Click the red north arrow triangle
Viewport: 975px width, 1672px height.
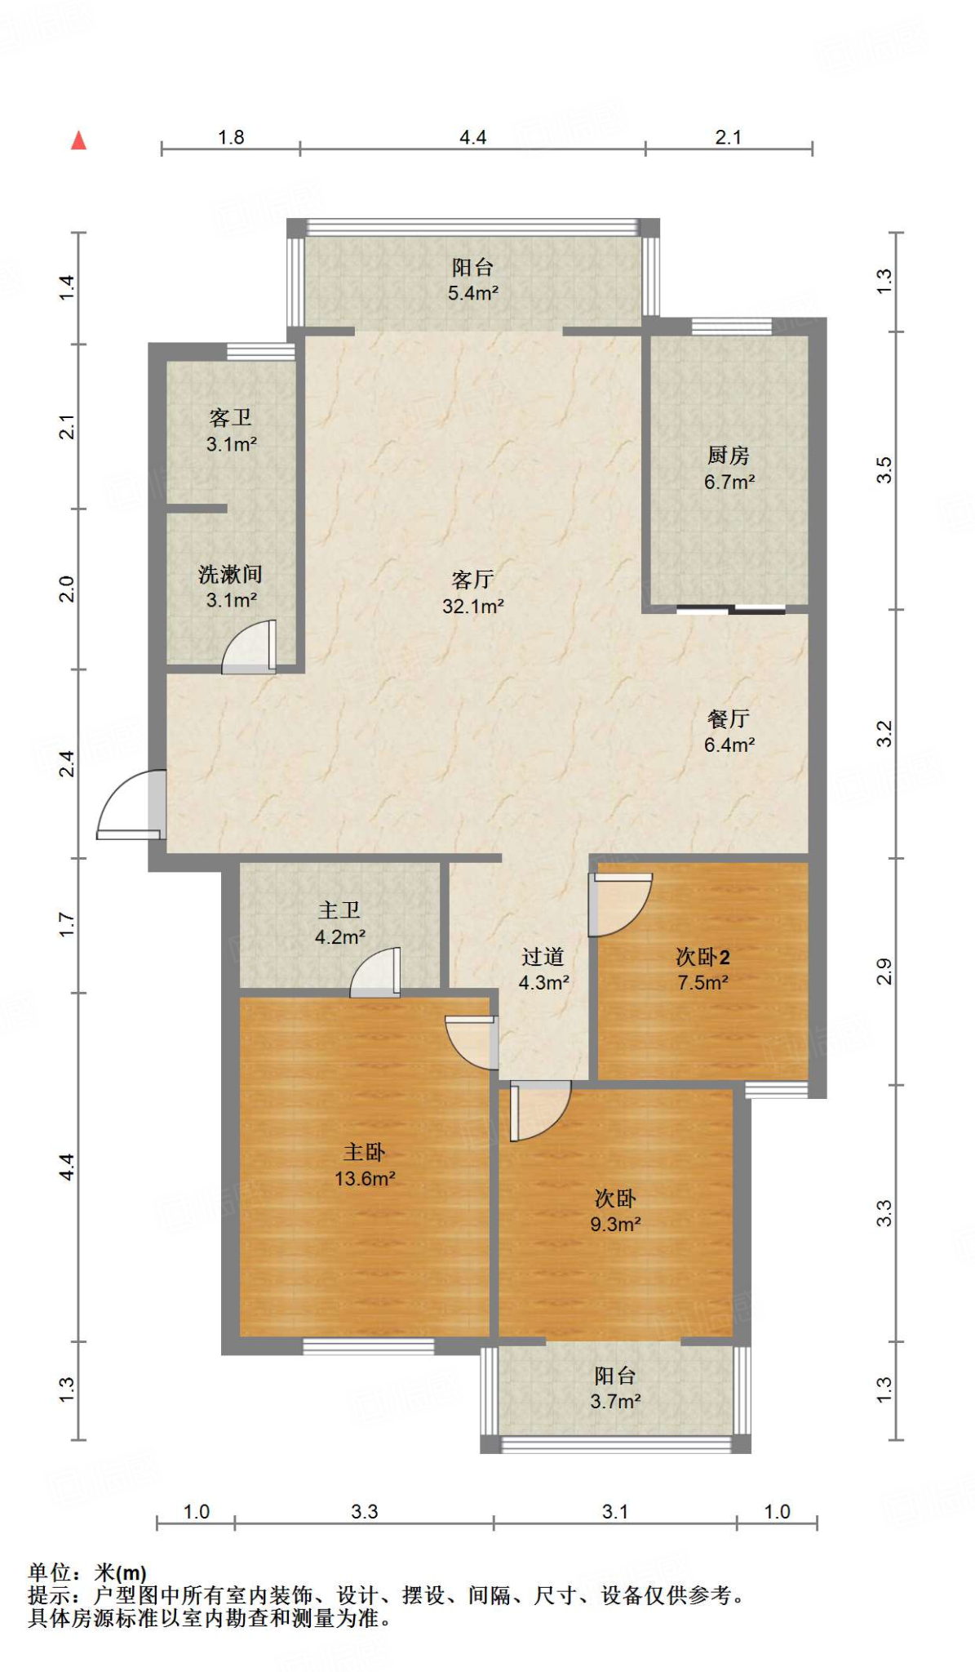[x=78, y=140]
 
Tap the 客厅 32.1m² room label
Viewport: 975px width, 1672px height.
[x=472, y=593]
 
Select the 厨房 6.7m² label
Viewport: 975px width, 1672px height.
[x=729, y=469]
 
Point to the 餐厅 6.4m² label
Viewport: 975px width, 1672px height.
[x=729, y=731]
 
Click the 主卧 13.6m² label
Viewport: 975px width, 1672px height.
[x=365, y=1165]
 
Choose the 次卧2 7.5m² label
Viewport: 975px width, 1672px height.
[x=702, y=969]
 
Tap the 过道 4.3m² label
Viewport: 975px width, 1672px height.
[x=543, y=969]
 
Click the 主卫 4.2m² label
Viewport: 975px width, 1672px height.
[x=339, y=923]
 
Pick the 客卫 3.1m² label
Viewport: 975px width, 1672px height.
[x=231, y=431]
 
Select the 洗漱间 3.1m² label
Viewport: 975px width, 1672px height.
[x=231, y=587]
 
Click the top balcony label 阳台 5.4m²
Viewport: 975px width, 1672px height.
[x=472, y=280]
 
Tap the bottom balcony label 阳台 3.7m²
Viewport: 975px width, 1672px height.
[x=615, y=1388]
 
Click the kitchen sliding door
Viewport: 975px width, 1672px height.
[x=730, y=609]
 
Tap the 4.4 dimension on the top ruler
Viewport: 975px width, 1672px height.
[x=472, y=137]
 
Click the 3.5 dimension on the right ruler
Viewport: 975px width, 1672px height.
[x=884, y=470]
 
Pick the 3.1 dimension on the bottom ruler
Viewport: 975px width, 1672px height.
[x=615, y=1511]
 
